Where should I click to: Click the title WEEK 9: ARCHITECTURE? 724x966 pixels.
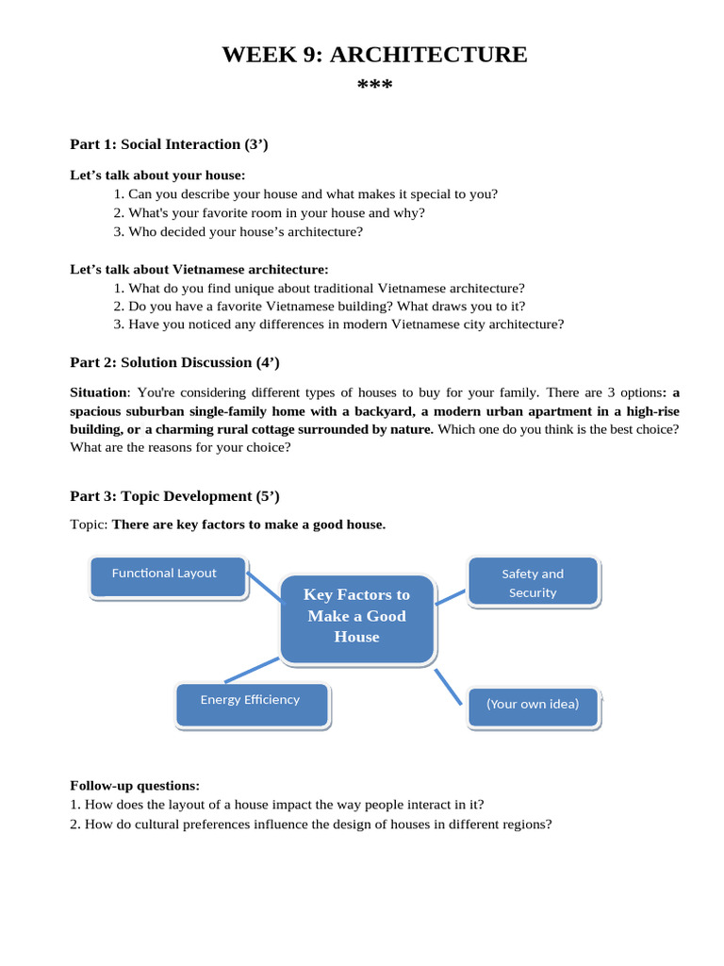[x=374, y=55]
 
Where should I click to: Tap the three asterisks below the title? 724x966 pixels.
[x=374, y=87]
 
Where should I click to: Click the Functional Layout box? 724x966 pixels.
[x=167, y=575]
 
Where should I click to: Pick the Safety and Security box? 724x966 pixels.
[x=533, y=582]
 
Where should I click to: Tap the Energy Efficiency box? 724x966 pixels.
[x=252, y=704]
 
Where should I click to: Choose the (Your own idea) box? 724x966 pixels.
[x=533, y=707]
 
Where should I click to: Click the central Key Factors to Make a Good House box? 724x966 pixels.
[x=356, y=617]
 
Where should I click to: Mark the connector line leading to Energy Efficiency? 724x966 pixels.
[x=252, y=670]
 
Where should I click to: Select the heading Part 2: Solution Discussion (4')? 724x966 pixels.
[x=174, y=362]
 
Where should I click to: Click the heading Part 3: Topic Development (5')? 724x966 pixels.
[x=174, y=496]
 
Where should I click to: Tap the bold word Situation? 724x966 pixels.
[x=98, y=391]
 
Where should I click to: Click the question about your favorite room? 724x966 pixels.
[x=269, y=212]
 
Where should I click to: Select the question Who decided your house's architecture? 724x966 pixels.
[x=238, y=231]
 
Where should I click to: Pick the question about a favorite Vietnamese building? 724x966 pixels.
[x=319, y=306]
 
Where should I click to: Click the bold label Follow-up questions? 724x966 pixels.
[x=135, y=785]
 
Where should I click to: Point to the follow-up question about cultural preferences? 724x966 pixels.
[x=310, y=824]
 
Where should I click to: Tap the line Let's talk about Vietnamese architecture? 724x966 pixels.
[x=199, y=269]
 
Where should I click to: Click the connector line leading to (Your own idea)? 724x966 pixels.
[x=450, y=687]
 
